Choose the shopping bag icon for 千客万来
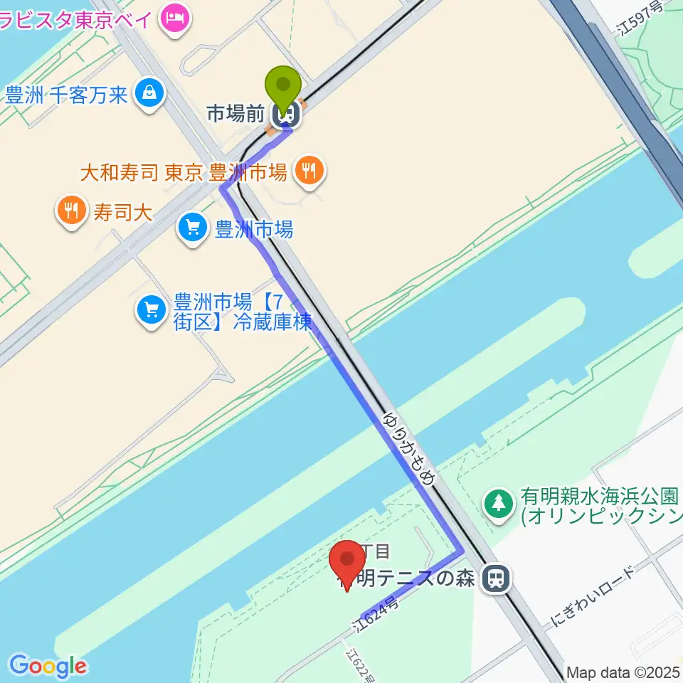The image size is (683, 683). point(151,92)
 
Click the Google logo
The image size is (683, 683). point(48,667)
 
